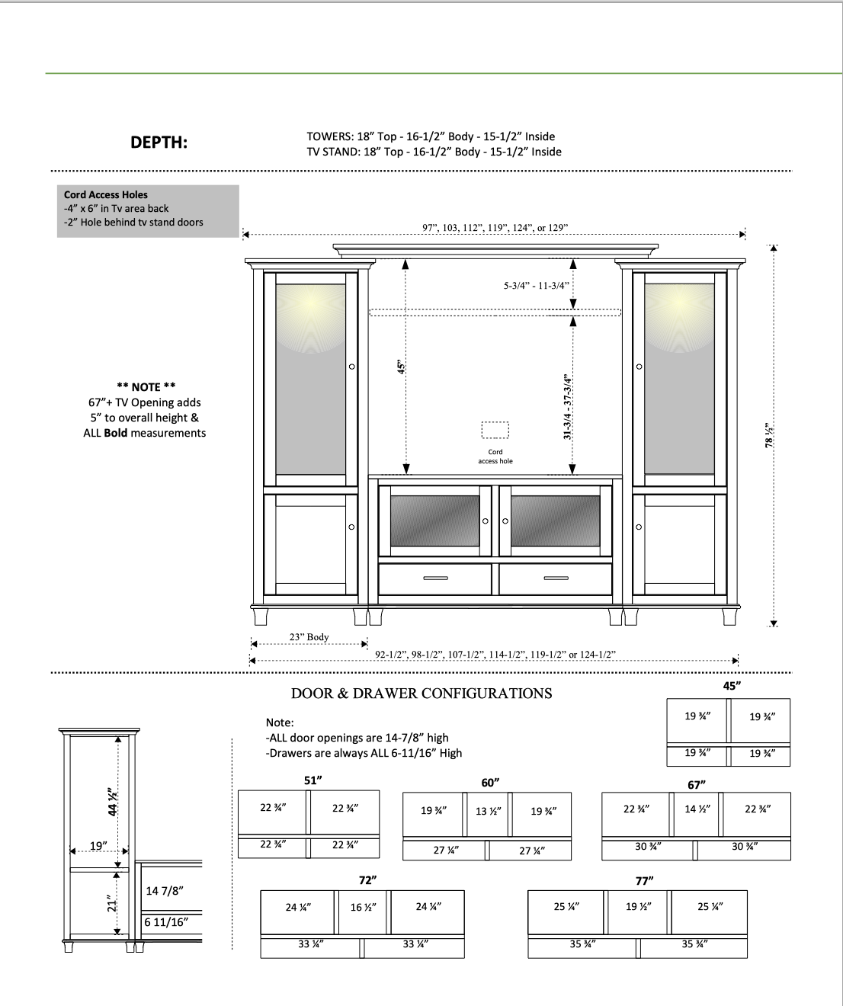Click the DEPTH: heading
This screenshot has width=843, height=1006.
point(159,143)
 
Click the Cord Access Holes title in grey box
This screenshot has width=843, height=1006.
point(106,195)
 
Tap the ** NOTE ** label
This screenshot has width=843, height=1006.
point(146,386)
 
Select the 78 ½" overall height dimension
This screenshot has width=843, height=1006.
point(770,435)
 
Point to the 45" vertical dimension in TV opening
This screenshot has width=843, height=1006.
point(401,367)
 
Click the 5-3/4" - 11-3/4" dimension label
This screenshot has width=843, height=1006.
point(536,286)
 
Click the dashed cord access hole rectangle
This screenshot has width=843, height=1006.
point(495,431)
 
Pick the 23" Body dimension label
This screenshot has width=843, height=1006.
point(309,637)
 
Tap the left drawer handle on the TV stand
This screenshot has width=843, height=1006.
point(435,578)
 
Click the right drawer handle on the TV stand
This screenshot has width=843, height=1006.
point(556,578)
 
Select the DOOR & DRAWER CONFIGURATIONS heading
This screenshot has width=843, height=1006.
point(421,694)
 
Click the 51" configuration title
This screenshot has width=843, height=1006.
point(313,780)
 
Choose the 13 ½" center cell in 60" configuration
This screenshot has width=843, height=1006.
point(488,811)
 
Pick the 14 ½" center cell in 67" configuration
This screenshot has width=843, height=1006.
point(697,809)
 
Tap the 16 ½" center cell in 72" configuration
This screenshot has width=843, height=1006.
point(363,907)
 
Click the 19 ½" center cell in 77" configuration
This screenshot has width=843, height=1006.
point(638,906)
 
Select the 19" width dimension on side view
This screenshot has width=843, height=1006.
point(98,846)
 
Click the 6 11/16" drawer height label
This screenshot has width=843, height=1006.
point(166,922)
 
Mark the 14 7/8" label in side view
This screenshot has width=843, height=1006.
point(165,891)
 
